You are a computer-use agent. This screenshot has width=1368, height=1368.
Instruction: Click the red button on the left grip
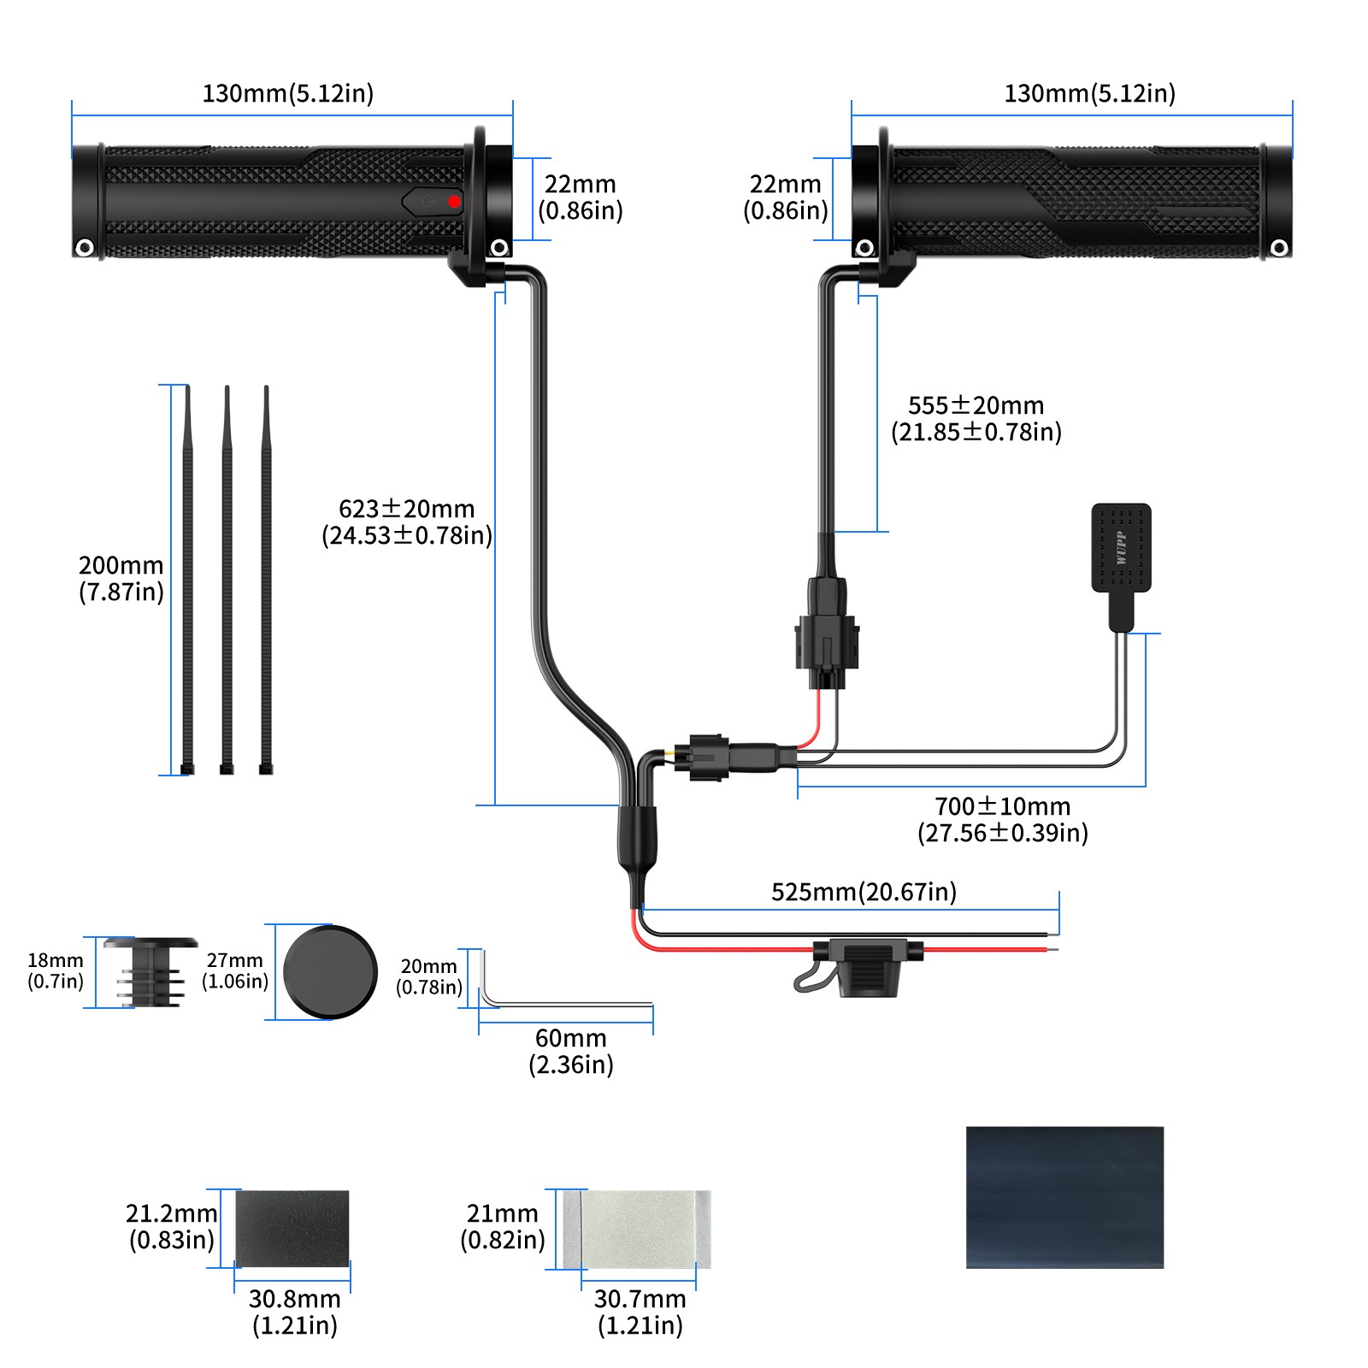coord(454,202)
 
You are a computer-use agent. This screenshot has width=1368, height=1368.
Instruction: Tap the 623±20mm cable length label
coord(407,522)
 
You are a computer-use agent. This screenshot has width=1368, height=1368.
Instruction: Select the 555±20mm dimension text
coord(976,418)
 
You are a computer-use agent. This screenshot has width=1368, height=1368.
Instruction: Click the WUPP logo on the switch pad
coord(1121,548)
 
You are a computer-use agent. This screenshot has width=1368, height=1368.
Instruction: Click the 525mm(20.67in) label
coord(864,892)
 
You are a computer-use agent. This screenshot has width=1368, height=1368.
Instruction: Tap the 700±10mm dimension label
coord(1002,819)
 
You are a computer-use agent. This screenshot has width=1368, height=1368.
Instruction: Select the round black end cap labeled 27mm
coord(330,971)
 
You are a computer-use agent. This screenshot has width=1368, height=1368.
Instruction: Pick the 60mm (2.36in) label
coord(571,1051)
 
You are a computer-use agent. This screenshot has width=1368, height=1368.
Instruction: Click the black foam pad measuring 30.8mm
coord(292,1229)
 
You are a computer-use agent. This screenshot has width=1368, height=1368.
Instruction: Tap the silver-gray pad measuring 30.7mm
coord(637,1229)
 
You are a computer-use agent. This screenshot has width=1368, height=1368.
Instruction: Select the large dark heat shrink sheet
coord(1064,1197)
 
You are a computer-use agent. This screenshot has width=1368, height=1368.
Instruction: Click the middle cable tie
coord(227,581)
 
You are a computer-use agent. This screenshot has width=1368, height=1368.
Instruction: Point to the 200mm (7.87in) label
coord(121,578)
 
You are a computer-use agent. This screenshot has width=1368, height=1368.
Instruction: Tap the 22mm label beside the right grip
coord(785,197)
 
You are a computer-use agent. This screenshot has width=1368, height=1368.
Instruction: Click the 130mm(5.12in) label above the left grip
coord(288,93)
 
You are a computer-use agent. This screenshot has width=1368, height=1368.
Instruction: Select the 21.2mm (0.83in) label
coord(172,1226)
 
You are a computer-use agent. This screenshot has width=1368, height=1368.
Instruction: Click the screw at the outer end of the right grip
coord(1279,248)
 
